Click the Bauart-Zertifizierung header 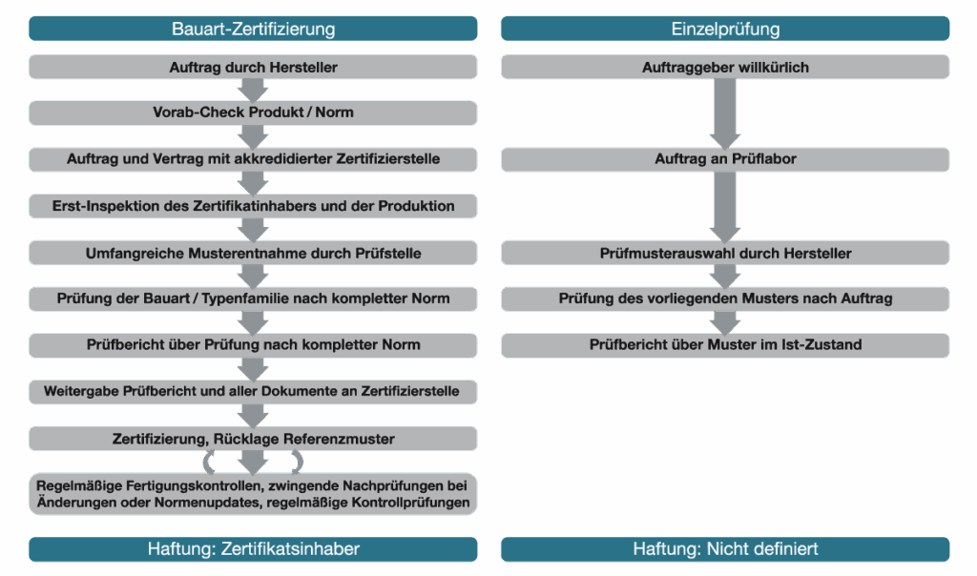(253, 29)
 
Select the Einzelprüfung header (725, 29)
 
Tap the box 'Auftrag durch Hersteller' (253, 68)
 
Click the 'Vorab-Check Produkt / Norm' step (253, 113)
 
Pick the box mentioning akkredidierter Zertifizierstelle (253, 159)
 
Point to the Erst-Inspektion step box (253, 206)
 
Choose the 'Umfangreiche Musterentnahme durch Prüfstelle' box (253, 253)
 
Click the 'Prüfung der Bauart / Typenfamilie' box (253, 298)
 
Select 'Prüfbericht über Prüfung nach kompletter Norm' (253, 344)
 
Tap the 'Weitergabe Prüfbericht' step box (253, 391)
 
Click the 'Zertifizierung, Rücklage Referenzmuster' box (253, 438)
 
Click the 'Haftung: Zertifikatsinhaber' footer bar (253, 549)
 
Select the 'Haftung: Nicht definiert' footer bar (725, 549)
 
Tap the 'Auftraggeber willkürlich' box (725, 68)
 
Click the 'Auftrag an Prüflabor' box (725, 159)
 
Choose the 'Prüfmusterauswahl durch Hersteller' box (725, 253)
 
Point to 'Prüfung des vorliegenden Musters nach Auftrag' (725, 298)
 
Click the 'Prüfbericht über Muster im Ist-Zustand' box (725, 344)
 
